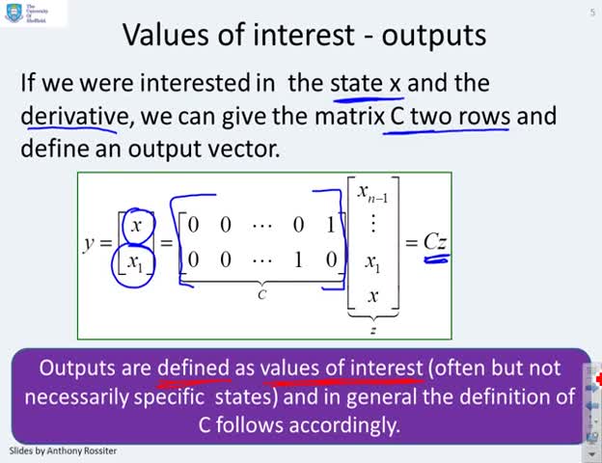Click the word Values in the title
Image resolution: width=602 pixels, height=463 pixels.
[x=166, y=35]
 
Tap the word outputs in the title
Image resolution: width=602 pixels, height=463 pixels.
[x=434, y=37]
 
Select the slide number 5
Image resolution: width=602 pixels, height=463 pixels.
[x=592, y=13]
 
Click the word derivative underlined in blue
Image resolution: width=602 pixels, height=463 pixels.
[x=75, y=116]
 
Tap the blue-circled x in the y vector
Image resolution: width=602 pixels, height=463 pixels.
[x=136, y=225]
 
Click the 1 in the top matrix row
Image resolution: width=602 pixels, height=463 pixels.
[x=331, y=225]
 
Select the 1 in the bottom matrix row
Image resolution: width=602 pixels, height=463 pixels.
[x=298, y=259]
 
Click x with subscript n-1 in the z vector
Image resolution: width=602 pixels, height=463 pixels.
[x=372, y=192]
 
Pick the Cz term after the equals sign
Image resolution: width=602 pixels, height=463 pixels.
[x=435, y=242]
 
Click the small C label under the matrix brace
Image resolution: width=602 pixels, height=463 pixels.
[x=261, y=294]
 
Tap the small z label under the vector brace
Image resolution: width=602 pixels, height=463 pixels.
[x=372, y=329]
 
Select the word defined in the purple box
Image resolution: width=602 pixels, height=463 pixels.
[x=194, y=368]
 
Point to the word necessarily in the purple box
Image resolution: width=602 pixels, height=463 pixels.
[x=76, y=397]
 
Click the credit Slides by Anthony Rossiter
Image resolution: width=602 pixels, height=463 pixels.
[x=63, y=450]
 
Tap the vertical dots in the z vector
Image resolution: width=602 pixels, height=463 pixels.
[x=372, y=224]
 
